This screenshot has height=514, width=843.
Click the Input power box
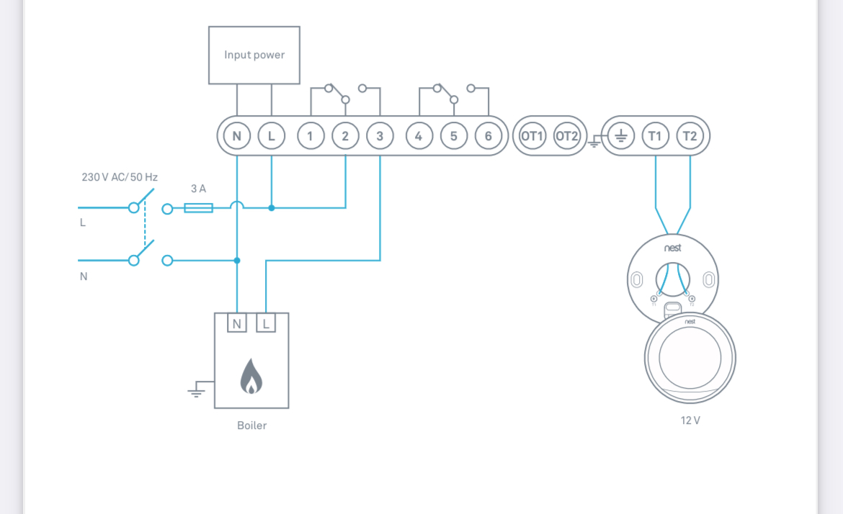click(x=254, y=55)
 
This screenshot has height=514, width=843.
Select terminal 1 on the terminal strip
click(x=311, y=136)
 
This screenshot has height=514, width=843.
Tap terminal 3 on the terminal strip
click(x=380, y=136)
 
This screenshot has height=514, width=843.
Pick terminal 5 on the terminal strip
click(x=453, y=136)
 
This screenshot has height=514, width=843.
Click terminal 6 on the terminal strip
click(x=489, y=136)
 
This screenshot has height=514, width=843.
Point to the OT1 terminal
click(x=532, y=136)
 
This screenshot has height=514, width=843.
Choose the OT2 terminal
click(x=567, y=136)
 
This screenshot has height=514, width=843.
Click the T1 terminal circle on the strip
click(x=655, y=136)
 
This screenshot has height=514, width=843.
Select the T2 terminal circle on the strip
click(x=690, y=136)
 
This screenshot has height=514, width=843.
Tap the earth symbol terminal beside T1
click(x=621, y=136)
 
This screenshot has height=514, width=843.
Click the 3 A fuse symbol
click(x=198, y=208)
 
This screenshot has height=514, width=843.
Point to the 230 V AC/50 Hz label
click(x=120, y=177)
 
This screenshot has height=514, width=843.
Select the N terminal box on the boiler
click(x=236, y=324)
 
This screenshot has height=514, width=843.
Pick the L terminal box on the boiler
click(x=266, y=324)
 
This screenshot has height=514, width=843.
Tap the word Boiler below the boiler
click(x=251, y=425)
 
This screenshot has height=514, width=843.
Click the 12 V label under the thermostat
click(x=690, y=420)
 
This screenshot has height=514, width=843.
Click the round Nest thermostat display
click(x=690, y=358)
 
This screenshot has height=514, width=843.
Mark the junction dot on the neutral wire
click(x=237, y=261)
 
